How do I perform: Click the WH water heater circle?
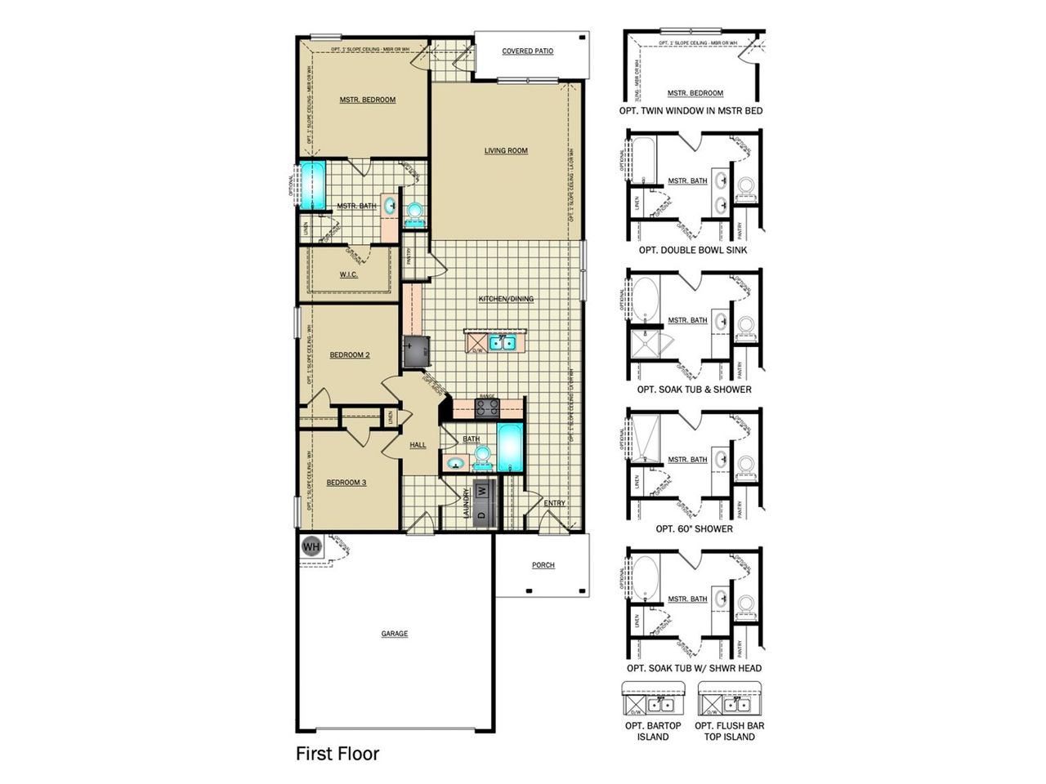point(311,546)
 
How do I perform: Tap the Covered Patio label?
point(527,51)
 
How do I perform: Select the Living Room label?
point(506,150)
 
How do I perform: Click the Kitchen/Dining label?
point(506,299)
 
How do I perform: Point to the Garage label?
point(394,634)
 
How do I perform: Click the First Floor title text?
point(337,753)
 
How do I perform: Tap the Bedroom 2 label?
point(350,355)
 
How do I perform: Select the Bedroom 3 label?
point(346,483)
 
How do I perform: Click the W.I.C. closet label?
point(349,274)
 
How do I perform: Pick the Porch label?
point(543,565)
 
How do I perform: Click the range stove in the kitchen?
point(487,408)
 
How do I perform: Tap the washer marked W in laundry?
point(482,491)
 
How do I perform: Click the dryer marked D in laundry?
point(482,515)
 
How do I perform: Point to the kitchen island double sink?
point(500,342)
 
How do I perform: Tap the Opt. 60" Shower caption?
point(694,529)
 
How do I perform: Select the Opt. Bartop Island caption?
point(653,731)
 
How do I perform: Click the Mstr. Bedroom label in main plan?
point(368,100)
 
